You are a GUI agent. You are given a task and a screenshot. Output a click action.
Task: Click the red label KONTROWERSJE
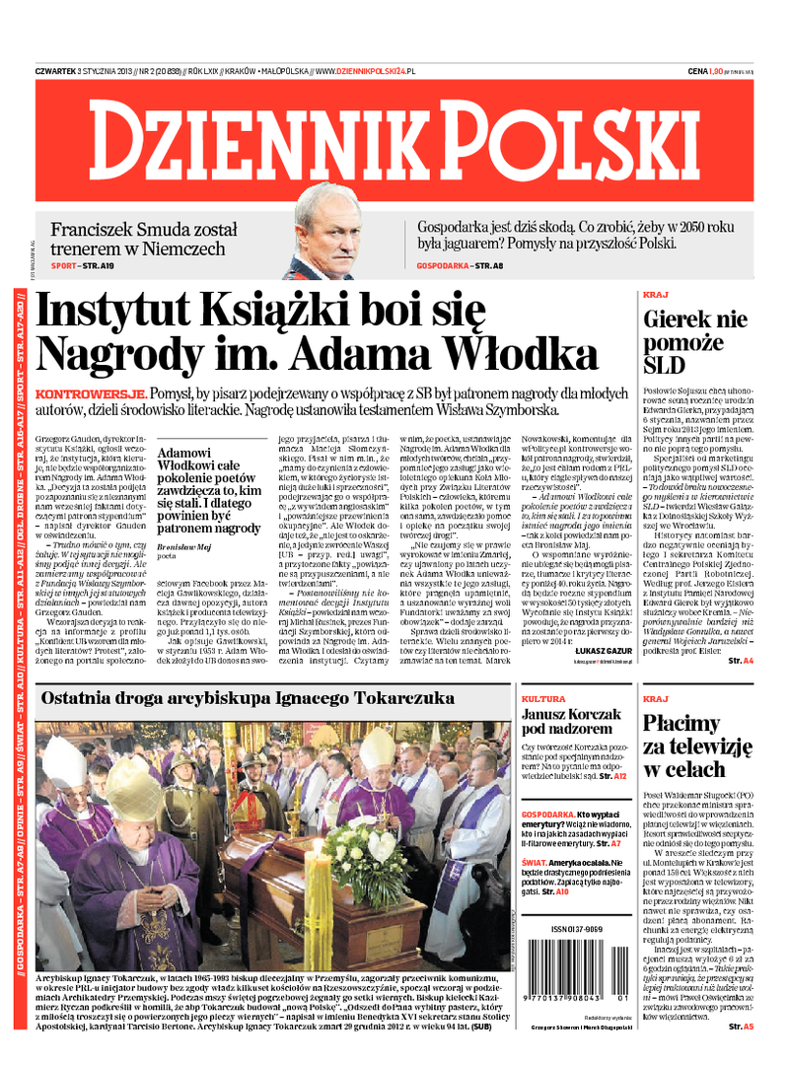point(83,392)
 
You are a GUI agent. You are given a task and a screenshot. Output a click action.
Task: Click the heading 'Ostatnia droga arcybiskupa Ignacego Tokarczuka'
point(248,699)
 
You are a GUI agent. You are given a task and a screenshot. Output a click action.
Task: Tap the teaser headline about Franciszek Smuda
point(138,238)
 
